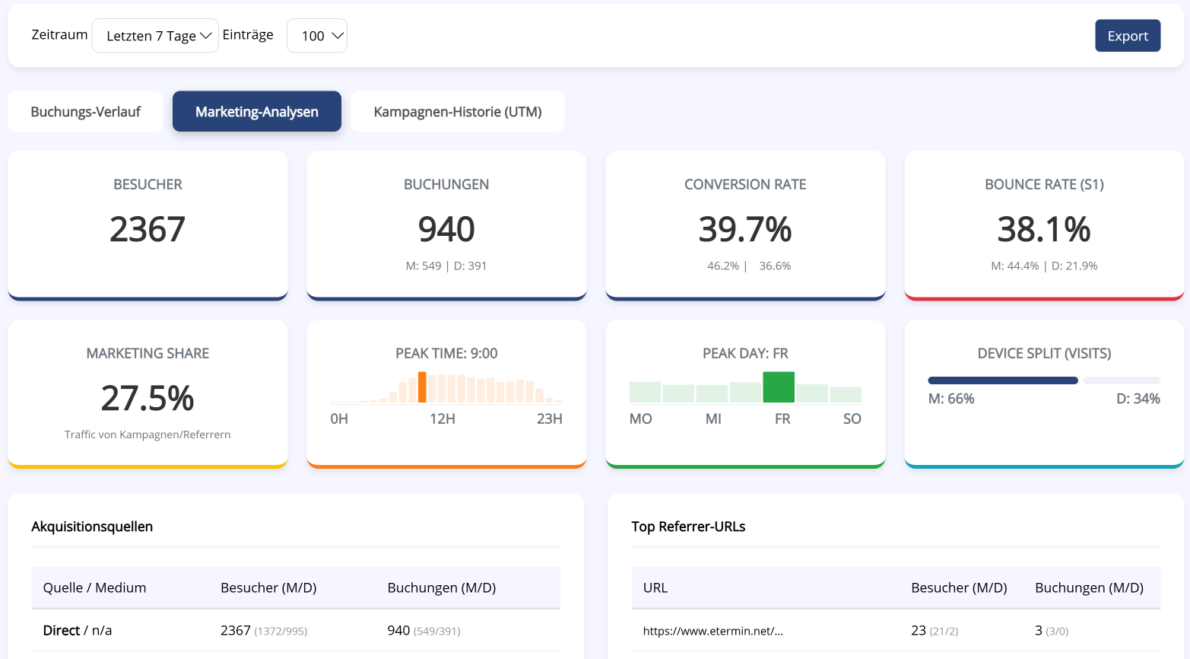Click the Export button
tap(1127, 36)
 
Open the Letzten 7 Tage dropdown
tap(155, 36)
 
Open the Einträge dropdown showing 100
tap(316, 36)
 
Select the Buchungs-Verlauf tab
tap(85, 112)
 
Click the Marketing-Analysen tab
tap(257, 112)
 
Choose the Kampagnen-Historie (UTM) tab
tap(457, 112)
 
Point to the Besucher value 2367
tap(148, 229)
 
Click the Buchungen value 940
tap(446, 229)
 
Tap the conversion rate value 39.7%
tap(745, 229)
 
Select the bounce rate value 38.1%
tap(1044, 229)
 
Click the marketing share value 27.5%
tap(148, 398)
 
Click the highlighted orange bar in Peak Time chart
tap(422, 387)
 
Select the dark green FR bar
tap(779, 387)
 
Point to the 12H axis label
tap(443, 419)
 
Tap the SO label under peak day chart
tap(852, 419)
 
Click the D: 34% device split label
tap(1138, 399)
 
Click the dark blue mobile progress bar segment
tap(1002, 380)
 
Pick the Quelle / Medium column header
tap(94, 587)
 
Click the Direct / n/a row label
tap(78, 630)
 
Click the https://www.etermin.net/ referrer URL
tap(712, 631)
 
